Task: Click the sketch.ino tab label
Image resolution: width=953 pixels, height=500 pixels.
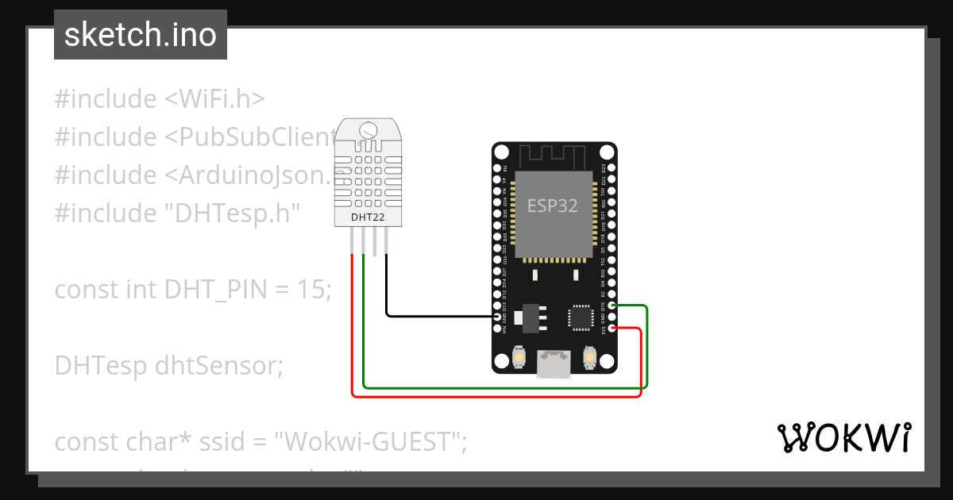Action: tap(140, 35)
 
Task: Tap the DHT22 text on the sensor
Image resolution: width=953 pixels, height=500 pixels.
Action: tap(368, 216)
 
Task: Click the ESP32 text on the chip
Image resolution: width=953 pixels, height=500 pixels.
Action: tap(553, 205)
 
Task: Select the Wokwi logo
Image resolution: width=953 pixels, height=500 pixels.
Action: tap(843, 437)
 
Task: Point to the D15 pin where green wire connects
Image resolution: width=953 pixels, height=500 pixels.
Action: tap(612, 306)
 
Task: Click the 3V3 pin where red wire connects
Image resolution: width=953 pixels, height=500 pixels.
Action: tap(612, 328)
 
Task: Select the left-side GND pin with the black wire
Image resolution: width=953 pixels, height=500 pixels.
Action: tap(498, 317)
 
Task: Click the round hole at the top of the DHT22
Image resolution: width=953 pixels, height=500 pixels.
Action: tap(368, 130)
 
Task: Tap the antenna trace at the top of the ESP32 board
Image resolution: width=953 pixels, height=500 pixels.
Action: tap(553, 154)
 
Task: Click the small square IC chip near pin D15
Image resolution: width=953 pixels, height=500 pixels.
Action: tap(579, 317)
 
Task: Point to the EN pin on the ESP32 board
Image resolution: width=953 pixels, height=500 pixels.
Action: tap(498, 169)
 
